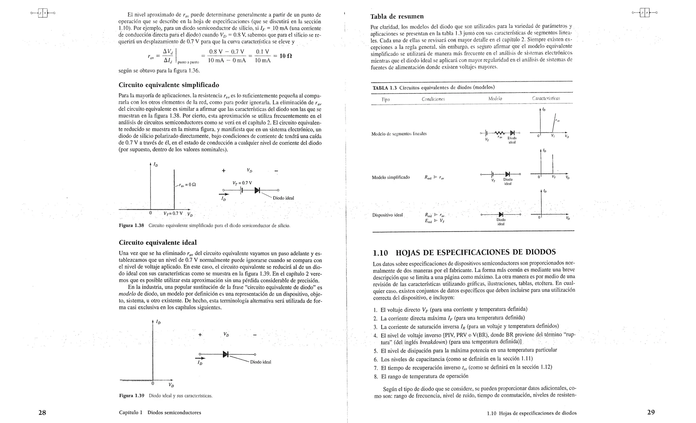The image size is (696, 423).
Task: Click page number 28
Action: [42, 412]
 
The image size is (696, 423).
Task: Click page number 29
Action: [651, 412]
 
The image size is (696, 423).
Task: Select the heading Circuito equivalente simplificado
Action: [169, 85]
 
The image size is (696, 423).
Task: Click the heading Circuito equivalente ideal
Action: [158, 242]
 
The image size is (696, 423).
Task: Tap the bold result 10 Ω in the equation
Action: [285, 56]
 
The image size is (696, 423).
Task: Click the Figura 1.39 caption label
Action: [132, 396]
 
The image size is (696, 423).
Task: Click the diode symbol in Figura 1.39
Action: [225, 354]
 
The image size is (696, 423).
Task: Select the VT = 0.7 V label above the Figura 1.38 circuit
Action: [242, 183]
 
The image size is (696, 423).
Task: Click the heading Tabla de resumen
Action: [397, 16]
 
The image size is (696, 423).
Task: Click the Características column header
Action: [546, 99]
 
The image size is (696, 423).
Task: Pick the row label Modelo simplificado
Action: [390, 177]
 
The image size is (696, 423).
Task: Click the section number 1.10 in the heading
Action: [380, 253]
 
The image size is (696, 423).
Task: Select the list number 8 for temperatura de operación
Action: [375, 376]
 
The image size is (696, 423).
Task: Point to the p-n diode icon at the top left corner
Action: [43, 13]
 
